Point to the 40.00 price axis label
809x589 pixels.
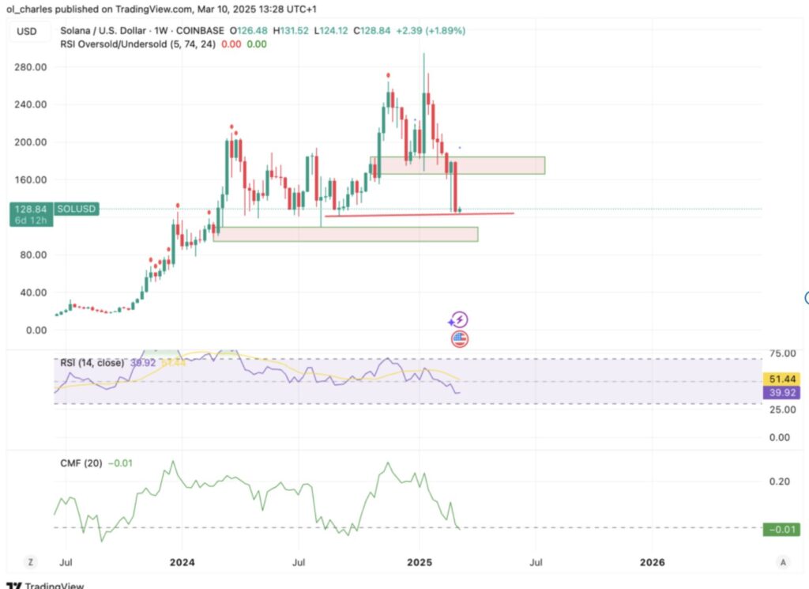[x=30, y=293]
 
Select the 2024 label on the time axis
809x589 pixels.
[x=181, y=562]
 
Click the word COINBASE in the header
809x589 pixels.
[x=201, y=31]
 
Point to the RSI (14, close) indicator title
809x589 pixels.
[x=92, y=363]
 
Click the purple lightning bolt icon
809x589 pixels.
[x=458, y=320]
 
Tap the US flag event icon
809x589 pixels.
[x=459, y=339]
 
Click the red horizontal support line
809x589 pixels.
[x=419, y=214]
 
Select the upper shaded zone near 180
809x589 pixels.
[x=457, y=165]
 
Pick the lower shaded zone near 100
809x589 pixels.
[x=345, y=234]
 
